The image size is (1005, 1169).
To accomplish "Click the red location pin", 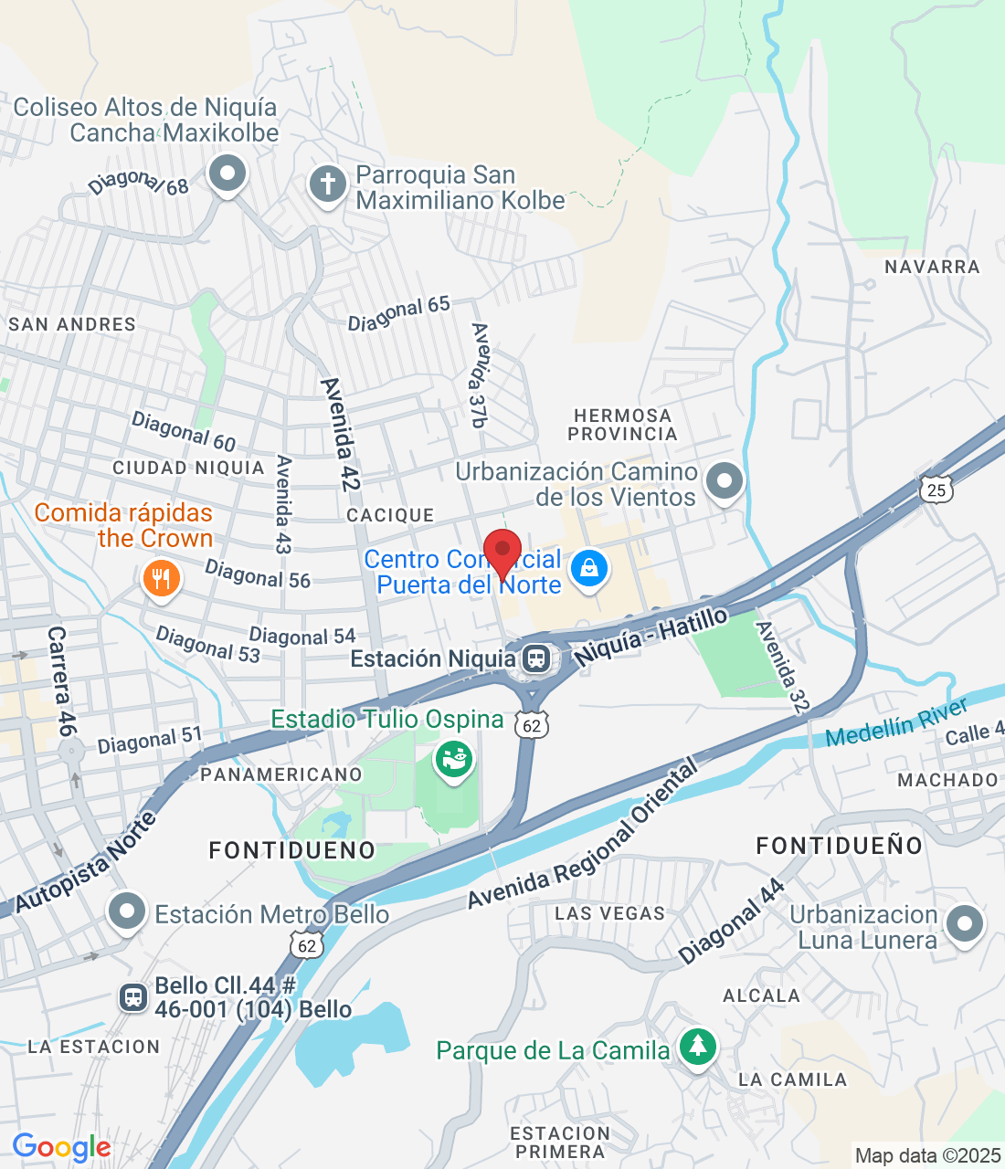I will tap(502, 551).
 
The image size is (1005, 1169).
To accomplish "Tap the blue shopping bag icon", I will tap(589, 569).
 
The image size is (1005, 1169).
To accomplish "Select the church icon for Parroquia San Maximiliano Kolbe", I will tap(327, 184).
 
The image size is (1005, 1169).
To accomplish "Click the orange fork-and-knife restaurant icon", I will tap(162, 577).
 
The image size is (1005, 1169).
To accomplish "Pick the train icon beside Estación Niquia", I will tap(536, 658).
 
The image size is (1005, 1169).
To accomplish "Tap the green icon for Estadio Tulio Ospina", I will tap(453, 757).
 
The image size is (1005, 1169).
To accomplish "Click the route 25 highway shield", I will tap(936, 490).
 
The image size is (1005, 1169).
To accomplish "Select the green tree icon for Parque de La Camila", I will tap(698, 1046).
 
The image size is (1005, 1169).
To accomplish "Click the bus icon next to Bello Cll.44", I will tap(133, 997).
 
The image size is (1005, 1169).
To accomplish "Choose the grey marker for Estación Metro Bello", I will tap(126, 911).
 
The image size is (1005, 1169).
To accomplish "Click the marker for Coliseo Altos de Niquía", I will tap(227, 172).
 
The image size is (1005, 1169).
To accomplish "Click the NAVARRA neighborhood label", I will tap(932, 267).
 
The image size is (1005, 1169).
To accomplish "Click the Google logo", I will tap(61, 1147).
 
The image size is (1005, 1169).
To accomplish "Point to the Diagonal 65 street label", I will tap(399, 313).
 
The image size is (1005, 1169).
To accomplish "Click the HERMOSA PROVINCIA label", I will tap(622, 425).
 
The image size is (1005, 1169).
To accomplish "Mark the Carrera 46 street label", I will tap(60, 681).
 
